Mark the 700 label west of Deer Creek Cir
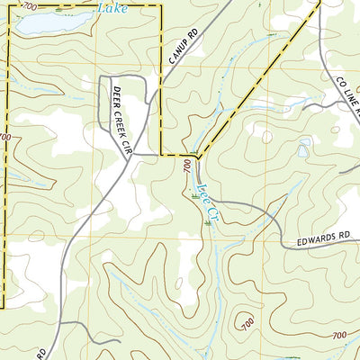(5, 137)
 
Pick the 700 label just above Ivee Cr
(186, 167)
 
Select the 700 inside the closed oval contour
(247, 321)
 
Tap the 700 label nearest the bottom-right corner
(339, 336)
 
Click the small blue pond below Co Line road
(302, 151)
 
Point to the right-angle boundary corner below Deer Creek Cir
(161, 155)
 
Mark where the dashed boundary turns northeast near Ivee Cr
(197, 157)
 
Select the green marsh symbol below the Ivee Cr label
(210, 220)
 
